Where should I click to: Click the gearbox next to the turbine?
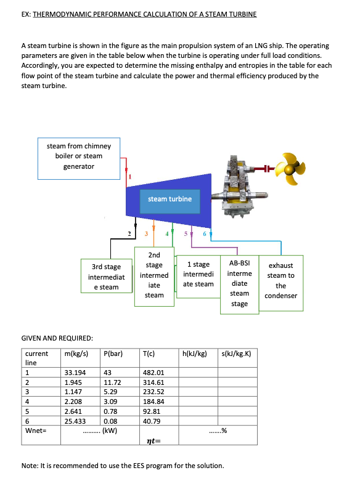[x=239, y=185]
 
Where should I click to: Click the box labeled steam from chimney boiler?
[x=79, y=156]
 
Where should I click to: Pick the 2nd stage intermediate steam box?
[x=154, y=275]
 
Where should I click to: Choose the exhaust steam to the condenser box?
[x=280, y=280]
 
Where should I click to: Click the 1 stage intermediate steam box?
[x=198, y=274]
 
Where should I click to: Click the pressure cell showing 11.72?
[x=113, y=382]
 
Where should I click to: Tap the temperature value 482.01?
[x=153, y=373]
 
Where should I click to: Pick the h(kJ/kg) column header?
[x=194, y=354]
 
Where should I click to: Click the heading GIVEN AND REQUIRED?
[x=57, y=338]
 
